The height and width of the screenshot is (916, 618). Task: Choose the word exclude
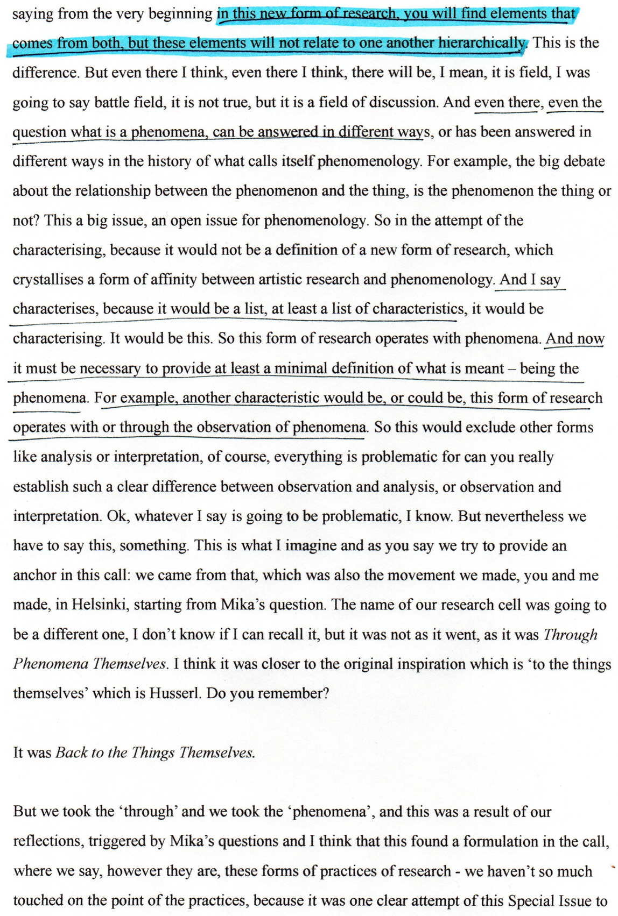tap(485, 428)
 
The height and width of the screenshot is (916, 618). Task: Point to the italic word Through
tap(570, 634)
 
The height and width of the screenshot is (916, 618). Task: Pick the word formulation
tap(503, 841)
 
